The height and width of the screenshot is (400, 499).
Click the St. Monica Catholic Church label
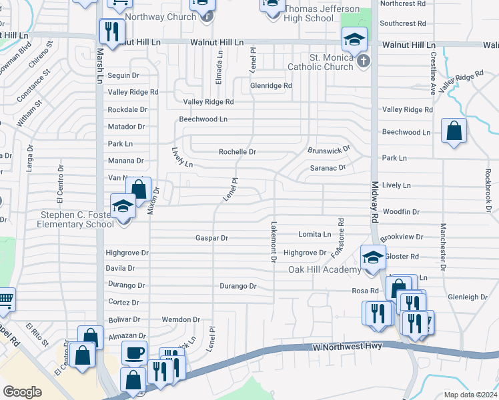[x=320, y=62]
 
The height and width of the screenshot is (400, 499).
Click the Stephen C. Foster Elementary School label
[x=77, y=219]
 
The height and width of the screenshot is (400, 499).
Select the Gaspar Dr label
[x=211, y=238]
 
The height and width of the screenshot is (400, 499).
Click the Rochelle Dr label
[x=237, y=152]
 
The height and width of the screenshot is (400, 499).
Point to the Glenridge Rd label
[x=271, y=86]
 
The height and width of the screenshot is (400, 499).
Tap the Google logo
[x=22, y=392]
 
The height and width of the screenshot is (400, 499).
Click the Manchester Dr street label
[x=442, y=238]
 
